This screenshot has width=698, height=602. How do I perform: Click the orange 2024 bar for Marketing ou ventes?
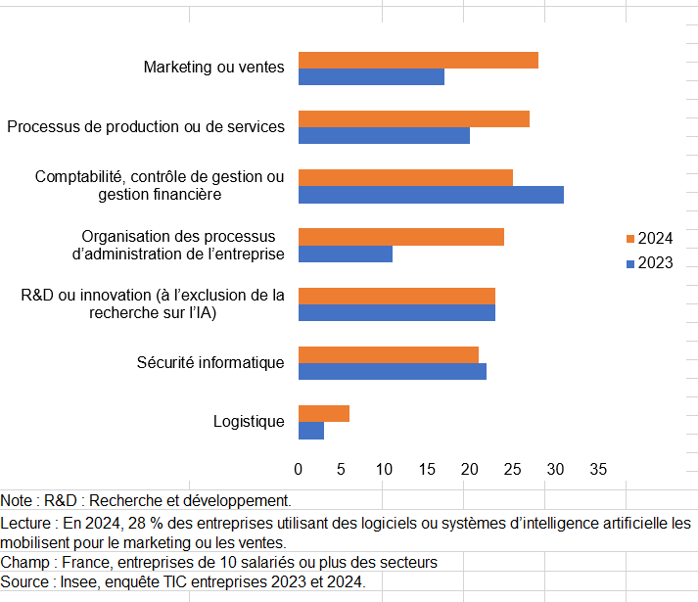(418, 60)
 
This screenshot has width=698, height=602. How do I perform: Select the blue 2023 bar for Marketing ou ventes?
(371, 76)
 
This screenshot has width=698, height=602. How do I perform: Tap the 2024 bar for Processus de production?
(414, 118)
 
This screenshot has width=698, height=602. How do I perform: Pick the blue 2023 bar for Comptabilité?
(431, 195)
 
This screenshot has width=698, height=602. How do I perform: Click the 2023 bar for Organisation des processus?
(346, 254)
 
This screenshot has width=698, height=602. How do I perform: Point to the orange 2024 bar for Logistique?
(324, 413)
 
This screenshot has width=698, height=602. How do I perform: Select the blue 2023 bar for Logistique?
(311, 430)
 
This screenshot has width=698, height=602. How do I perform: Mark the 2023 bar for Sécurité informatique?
(393, 371)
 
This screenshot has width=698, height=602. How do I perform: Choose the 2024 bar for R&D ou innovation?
(396, 296)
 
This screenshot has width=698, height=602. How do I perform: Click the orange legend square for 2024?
(630, 239)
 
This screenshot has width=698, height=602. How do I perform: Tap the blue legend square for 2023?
(630, 263)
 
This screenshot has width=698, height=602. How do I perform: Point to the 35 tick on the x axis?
(598, 469)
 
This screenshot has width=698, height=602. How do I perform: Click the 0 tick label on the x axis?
(299, 469)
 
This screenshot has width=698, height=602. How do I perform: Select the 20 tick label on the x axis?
(470, 469)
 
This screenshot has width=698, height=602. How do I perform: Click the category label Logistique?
(249, 422)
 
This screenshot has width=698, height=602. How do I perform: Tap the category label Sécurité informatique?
(210, 363)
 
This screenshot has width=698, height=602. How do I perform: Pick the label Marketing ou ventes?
(213, 68)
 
